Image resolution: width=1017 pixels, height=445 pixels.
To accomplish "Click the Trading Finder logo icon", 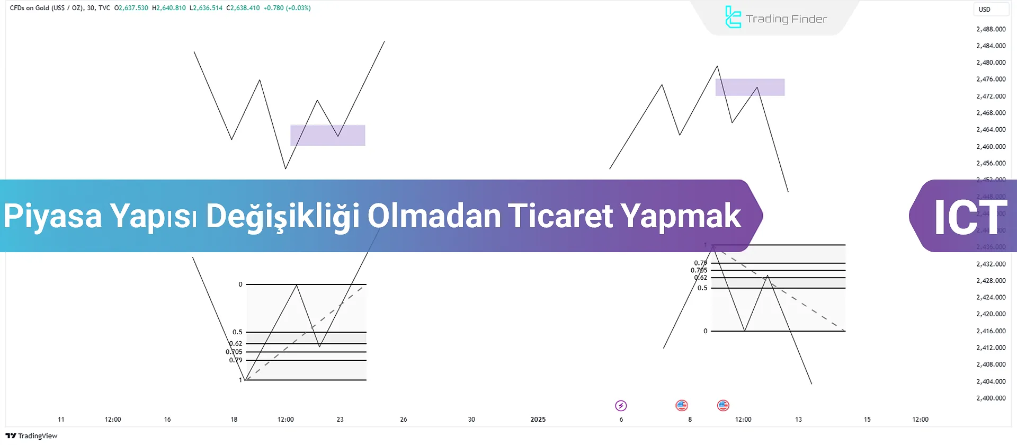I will pos(733,17).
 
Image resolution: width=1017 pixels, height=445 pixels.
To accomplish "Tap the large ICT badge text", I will pos(970,217).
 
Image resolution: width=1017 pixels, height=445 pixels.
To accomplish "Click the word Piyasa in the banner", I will pos(52,217).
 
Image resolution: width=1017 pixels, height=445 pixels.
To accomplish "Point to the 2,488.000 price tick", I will pos(991,29).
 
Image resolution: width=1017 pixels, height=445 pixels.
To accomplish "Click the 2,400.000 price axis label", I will pos(991,398).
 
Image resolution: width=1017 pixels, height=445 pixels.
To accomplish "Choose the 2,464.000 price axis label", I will pos(991,129).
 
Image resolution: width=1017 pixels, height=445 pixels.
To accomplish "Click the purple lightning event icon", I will pos(621,406).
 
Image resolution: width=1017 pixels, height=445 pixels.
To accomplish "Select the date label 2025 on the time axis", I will pos(538,419).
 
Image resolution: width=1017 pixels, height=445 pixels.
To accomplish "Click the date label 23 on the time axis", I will pos(340,419).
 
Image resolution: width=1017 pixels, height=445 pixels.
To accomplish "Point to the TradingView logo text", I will pos(32,435).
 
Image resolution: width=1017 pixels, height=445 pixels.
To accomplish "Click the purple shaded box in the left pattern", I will pos(327,135).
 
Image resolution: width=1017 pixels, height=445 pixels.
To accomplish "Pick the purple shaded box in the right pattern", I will pos(750,87).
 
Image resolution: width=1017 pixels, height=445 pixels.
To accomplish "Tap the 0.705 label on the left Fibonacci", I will pos(234,352).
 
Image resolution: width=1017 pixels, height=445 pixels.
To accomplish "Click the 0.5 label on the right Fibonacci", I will pos(702,288).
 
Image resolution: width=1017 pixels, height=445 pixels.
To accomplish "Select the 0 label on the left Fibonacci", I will pos(240,284).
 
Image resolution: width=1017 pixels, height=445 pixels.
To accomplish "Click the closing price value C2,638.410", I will pos(243,8).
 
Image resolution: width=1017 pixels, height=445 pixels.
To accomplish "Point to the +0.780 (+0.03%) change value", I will pos(287,8).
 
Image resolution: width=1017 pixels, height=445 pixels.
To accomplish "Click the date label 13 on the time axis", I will pos(798,419).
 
